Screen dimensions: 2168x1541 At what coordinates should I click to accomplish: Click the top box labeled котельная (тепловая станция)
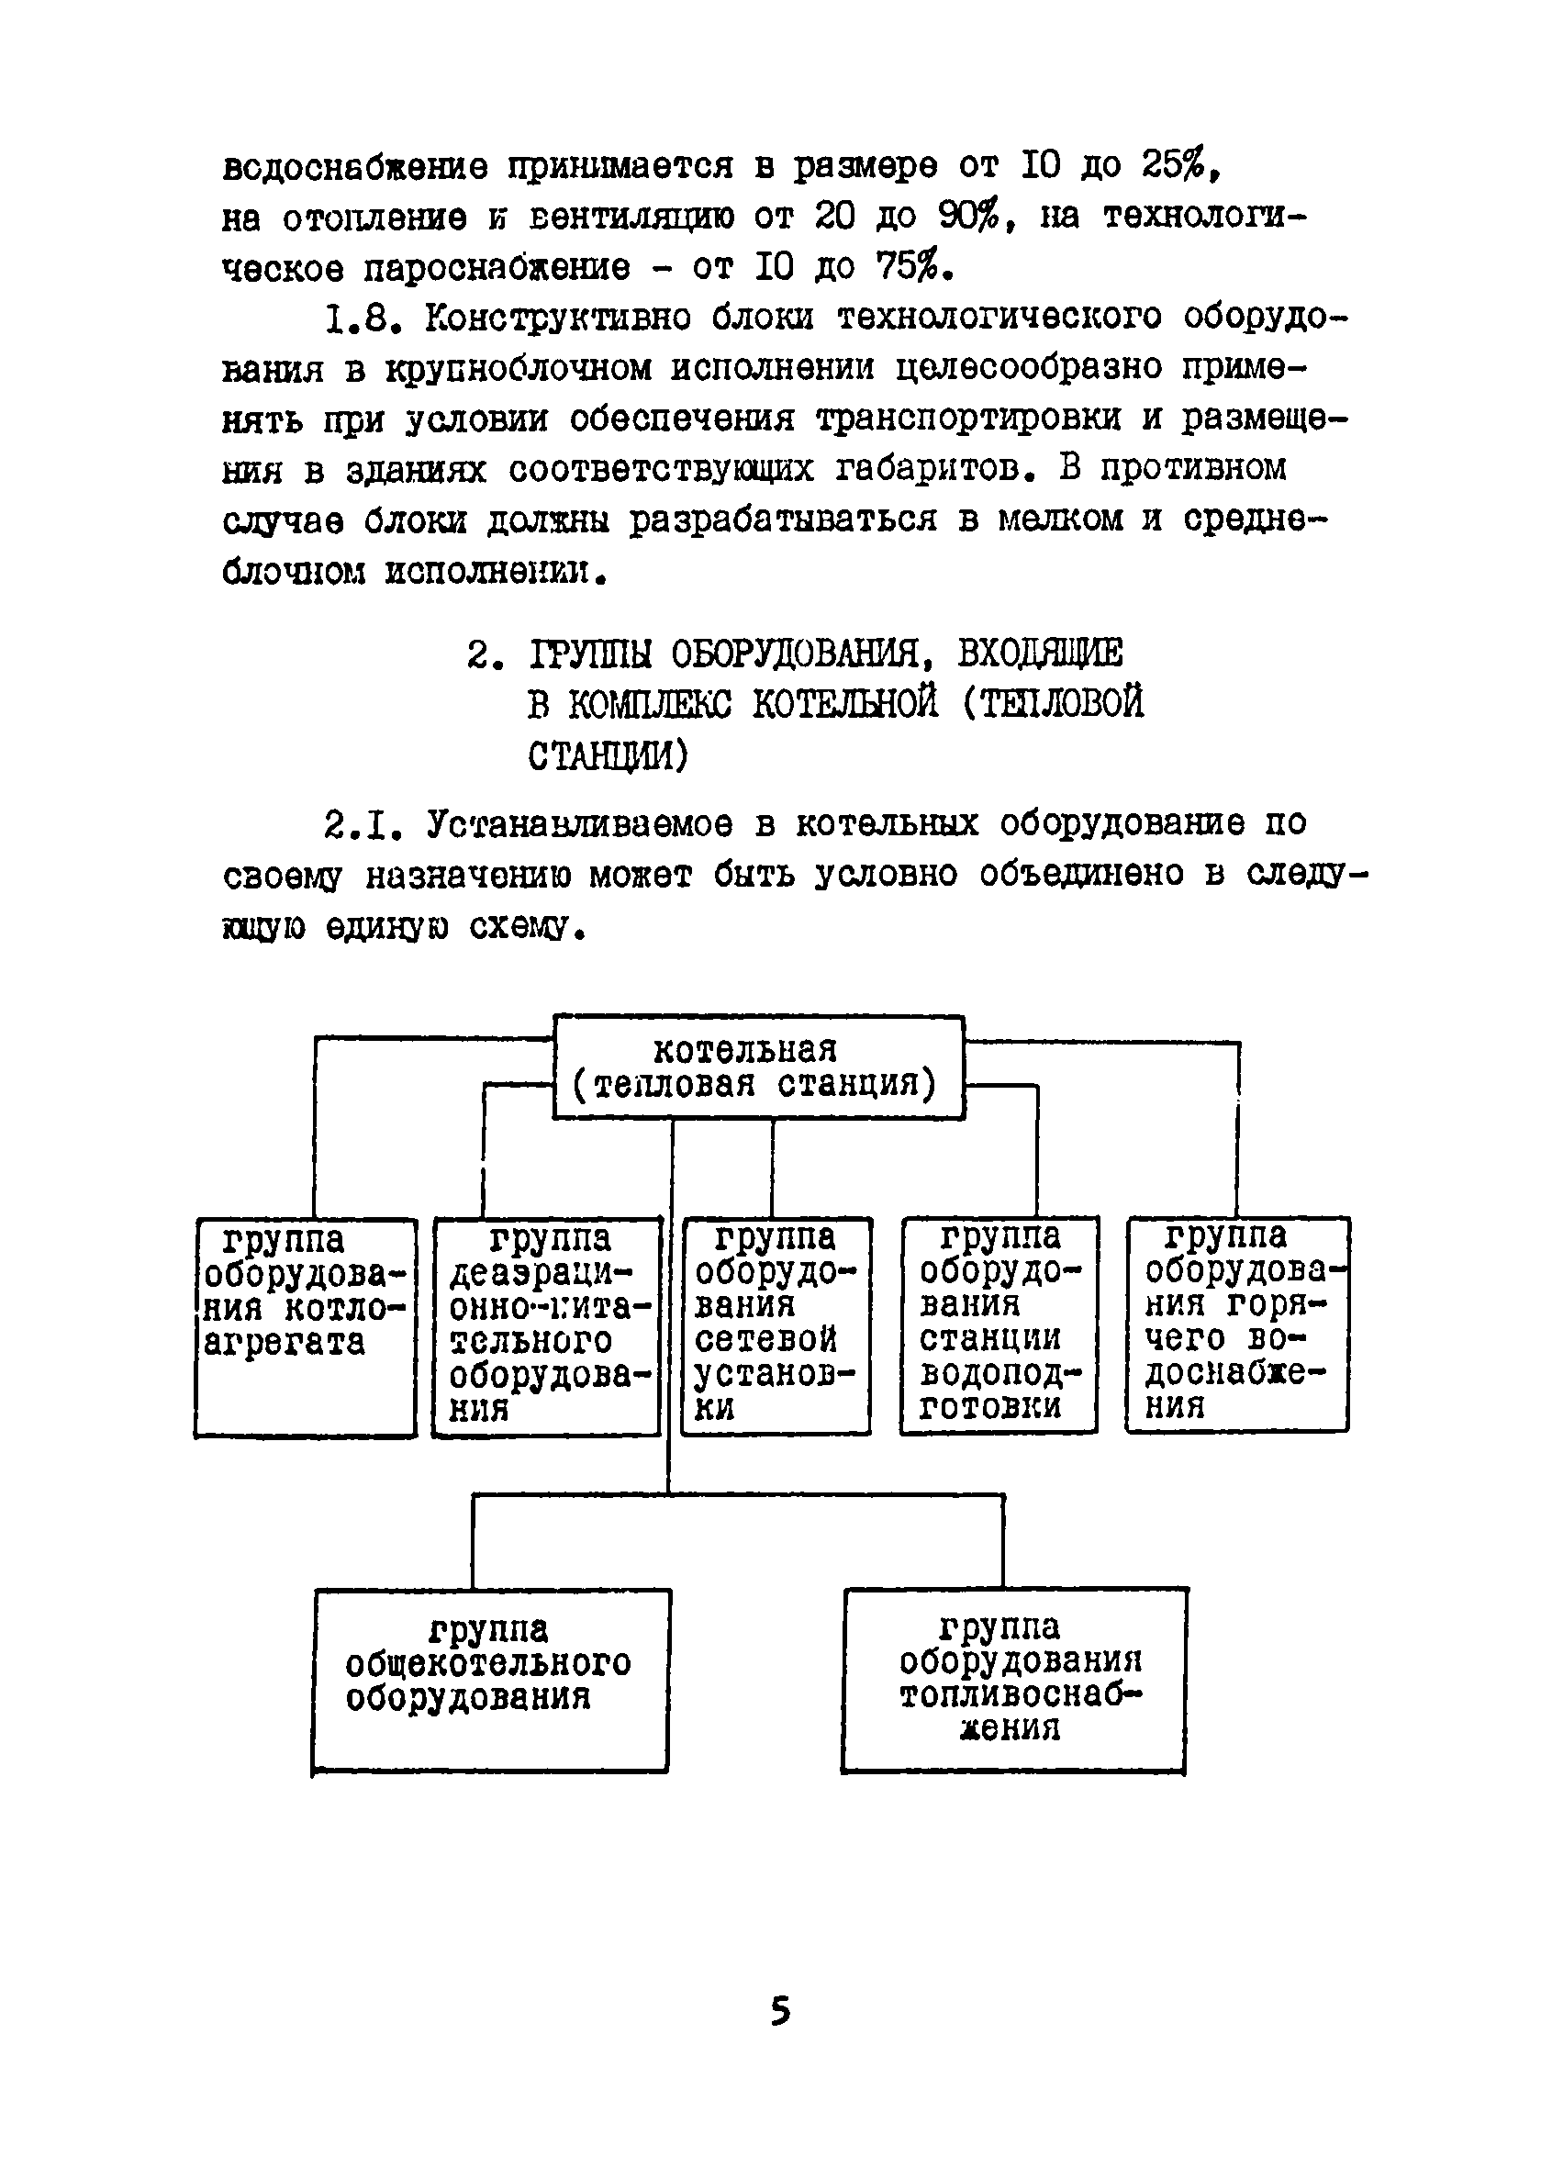(758, 1067)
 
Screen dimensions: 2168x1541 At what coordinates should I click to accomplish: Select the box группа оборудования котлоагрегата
(306, 1327)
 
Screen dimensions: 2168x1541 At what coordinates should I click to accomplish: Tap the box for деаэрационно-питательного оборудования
(547, 1326)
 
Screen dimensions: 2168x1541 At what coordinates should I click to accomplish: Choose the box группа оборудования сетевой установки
(776, 1325)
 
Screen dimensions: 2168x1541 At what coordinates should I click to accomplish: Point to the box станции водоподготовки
(999, 1324)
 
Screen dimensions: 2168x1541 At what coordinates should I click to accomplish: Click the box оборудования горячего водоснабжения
(1237, 1324)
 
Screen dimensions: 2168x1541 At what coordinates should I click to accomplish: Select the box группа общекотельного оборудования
(491, 1681)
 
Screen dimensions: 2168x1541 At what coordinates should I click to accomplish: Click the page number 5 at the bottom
(780, 2010)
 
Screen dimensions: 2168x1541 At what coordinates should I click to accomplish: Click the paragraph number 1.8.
(358, 318)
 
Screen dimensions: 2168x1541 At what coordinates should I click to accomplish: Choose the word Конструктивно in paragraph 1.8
(558, 318)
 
